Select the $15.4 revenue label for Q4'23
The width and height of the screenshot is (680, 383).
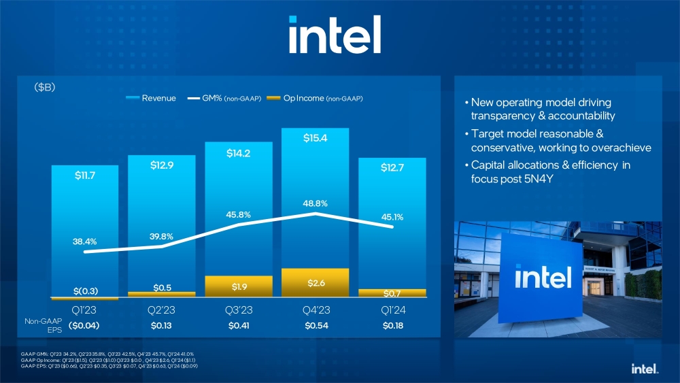316,139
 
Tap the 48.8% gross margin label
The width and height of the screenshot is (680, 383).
315,203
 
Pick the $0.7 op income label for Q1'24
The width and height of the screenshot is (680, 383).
391,293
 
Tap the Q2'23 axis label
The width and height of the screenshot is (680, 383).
162,310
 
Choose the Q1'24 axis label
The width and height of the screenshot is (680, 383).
391,310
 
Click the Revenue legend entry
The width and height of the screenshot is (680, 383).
152,99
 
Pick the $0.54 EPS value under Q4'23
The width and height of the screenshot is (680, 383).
315,326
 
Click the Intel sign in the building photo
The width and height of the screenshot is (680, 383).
542,278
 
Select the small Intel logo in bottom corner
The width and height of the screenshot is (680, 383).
645,369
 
